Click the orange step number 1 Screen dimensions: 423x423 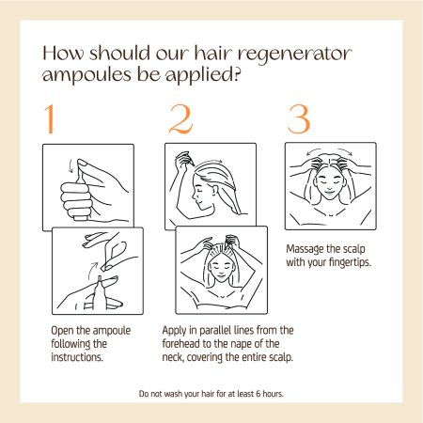click(x=50, y=119)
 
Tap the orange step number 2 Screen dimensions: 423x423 click(x=180, y=119)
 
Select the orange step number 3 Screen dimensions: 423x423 click(x=299, y=119)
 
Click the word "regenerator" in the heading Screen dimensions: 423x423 click(x=294, y=54)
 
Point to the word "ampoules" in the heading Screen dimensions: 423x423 click(x=87, y=74)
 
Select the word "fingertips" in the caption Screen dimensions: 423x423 click(x=349, y=262)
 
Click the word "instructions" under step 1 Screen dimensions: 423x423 click(x=76, y=357)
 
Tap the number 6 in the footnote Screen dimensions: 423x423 click(x=258, y=394)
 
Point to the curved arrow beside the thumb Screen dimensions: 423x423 click(x=70, y=166)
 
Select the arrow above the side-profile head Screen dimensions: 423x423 click(x=210, y=162)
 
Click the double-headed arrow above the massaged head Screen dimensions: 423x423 click(x=329, y=149)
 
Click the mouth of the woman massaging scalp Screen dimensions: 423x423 click(x=329, y=191)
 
